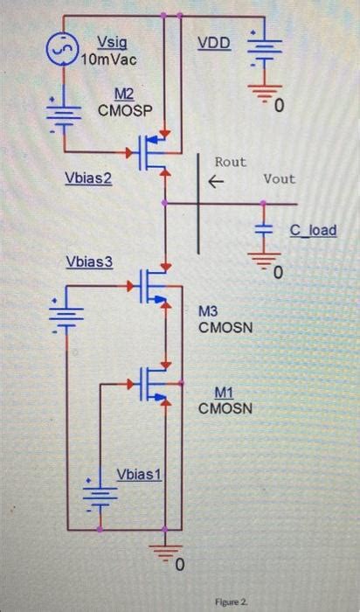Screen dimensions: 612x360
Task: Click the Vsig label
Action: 110,41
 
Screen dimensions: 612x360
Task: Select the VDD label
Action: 215,43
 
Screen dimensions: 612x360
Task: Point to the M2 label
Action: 123,94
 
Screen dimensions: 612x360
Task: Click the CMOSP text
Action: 123,111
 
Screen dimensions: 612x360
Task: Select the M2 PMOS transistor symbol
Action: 155,154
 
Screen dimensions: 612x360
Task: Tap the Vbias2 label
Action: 89,178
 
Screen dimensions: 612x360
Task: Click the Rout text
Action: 231,162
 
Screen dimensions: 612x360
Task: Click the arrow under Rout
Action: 216,181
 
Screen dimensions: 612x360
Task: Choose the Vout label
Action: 280,178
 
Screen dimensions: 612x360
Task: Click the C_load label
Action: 313,230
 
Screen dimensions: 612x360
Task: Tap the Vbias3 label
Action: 89,262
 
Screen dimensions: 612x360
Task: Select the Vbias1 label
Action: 140,474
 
